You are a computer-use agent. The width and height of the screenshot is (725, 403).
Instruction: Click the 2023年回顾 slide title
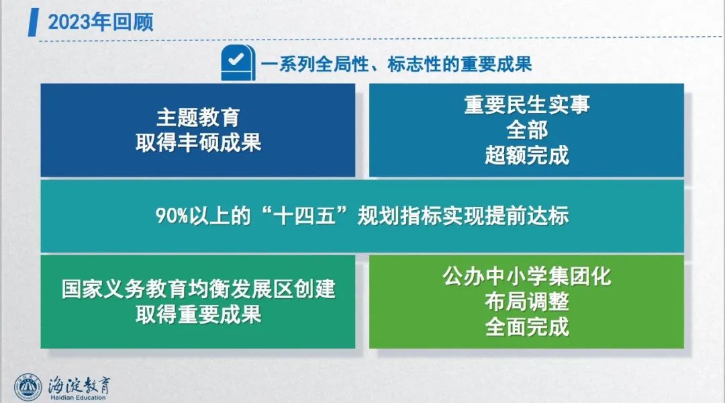(x=100, y=21)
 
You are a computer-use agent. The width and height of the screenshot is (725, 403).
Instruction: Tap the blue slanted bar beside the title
(x=34, y=21)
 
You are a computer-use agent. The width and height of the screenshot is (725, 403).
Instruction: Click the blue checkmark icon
(x=238, y=62)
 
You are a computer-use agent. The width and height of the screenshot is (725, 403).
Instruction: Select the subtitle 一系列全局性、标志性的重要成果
(x=396, y=64)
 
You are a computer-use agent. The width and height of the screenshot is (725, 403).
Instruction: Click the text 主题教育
(x=198, y=118)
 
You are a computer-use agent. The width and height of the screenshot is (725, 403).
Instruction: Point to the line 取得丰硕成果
(x=198, y=142)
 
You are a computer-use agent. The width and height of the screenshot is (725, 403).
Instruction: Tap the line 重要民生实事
(x=527, y=104)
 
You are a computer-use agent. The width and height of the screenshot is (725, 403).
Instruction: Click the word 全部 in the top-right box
(x=527, y=130)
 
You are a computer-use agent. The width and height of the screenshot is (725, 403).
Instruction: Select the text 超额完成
(x=527, y=155)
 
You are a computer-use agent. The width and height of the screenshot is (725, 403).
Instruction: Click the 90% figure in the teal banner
(x=172, y=216)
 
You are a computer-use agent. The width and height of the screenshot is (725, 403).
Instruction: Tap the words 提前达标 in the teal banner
(x=527, y=216)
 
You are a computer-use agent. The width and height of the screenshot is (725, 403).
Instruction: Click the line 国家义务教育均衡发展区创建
(x=198, y=289)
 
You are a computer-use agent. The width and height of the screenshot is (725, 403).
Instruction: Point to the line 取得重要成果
(x=198, y=314)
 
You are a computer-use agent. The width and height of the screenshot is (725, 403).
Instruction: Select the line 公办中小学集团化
(x=527, y=276)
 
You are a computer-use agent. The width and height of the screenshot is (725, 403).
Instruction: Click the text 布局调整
(x=527, y=302)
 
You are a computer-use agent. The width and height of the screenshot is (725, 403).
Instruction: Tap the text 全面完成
(x=527, y=327)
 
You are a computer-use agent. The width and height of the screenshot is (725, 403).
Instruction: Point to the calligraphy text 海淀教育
(x=79, y=384)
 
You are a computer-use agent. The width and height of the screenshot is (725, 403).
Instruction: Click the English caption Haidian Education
(x=78, y=398)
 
